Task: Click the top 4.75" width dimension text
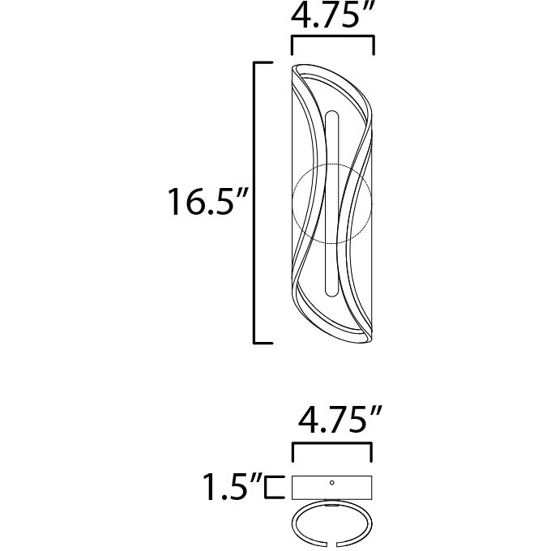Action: (x=333, y=16)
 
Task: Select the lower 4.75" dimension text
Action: (x=333, y=421)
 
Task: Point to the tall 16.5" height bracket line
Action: (x=257, y=202)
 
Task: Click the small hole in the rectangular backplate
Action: (x=332, y=482)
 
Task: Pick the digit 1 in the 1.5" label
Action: (x=210, y=487)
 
